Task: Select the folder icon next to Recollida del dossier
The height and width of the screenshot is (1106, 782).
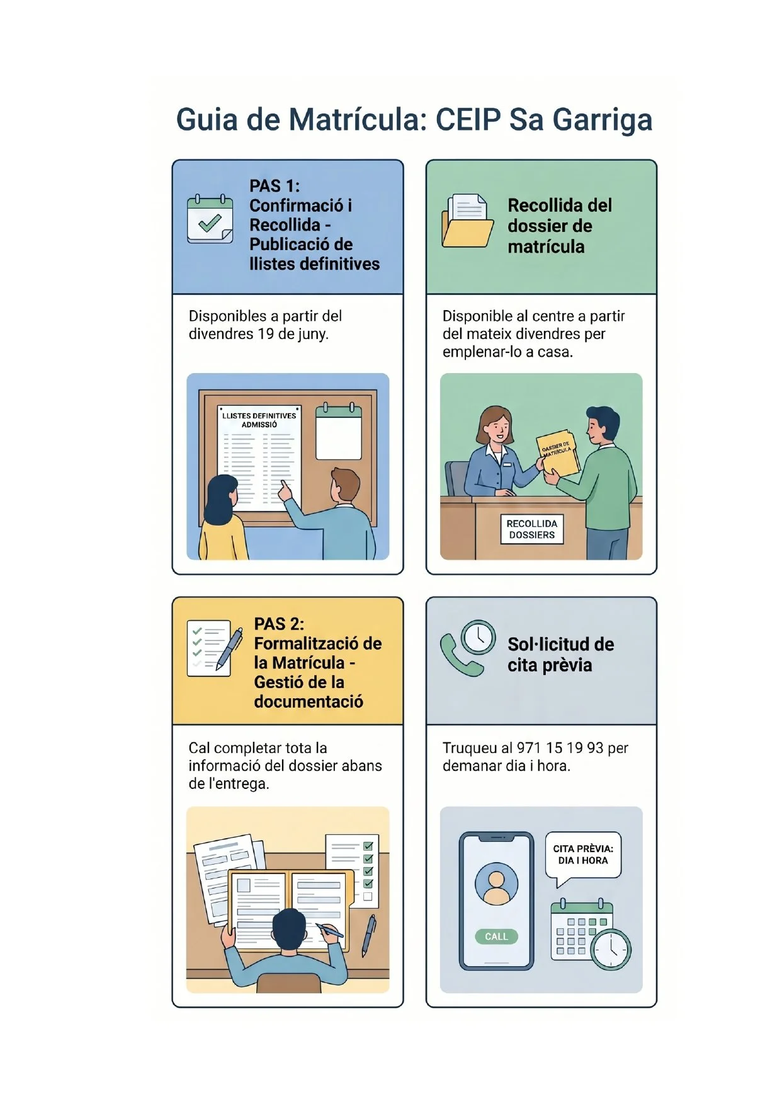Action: (467, 220)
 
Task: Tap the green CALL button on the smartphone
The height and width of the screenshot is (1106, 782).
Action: (496, 936)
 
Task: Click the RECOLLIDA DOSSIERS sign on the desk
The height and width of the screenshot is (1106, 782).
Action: (532, 529)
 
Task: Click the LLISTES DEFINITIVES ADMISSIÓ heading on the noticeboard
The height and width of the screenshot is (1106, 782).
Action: (259, 420)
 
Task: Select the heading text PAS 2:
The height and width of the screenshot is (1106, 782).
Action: (279, 624)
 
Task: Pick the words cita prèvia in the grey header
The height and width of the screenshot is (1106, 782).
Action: (550, 665)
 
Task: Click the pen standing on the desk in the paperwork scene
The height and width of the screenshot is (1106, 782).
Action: (369, 935)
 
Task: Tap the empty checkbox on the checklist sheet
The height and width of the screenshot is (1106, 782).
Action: (368, 896)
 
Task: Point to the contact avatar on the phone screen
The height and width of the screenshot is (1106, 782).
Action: (496, 884)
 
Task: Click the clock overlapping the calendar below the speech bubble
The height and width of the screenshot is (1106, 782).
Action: (611, 949)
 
